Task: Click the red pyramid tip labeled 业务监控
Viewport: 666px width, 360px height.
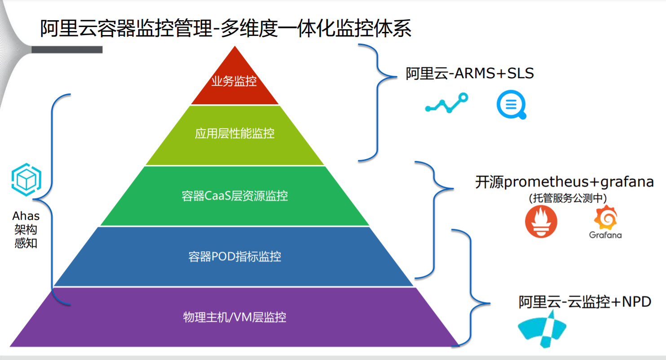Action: pos(234,81)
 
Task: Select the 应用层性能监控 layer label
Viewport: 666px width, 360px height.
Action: pos(234,133)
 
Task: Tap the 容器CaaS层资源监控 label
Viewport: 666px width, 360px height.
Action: pos(234,196)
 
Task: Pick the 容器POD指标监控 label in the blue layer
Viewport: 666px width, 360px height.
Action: pos(234,257)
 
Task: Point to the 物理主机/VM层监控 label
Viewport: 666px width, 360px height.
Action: pos(234,317)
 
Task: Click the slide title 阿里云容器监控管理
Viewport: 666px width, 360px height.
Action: pos(126,29)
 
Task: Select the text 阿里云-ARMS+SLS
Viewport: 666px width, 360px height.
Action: pos(470,73)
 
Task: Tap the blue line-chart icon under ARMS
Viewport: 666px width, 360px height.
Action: pos(446,103)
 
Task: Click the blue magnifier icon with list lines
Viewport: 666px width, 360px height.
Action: pos(511,105)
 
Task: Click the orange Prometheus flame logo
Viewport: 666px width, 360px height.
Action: pos(541,222)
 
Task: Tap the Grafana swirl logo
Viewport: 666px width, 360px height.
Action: pos(605,218)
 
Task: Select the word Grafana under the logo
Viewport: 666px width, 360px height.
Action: pos(605,235)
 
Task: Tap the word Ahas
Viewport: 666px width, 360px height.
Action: pos(26,216)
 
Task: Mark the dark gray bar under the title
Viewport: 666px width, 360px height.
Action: pos(67,49)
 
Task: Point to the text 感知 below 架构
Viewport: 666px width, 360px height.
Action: pos(26,244)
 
